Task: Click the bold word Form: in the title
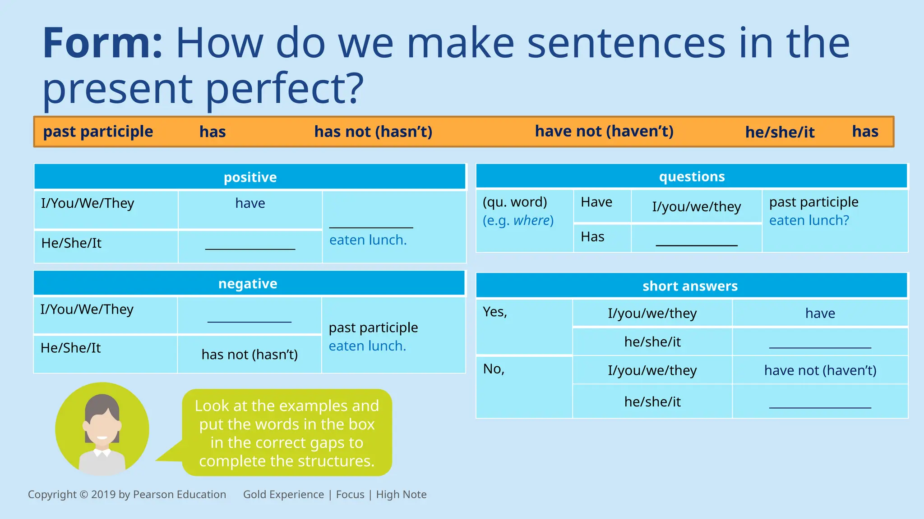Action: point(102,43)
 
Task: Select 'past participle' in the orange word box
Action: point(98,132)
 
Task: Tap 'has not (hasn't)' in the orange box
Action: point(373,132)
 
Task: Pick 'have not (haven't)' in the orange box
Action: point(604,131)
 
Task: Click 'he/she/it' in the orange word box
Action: point(780,132)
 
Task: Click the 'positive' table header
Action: point(250,177)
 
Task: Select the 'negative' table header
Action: point(248,283)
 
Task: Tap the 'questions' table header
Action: point(692,176)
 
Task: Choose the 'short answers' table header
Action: point(690,286)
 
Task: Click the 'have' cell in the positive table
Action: point(250,203)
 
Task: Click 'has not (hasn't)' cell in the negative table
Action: point(249,355)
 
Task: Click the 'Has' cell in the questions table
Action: point(592,237)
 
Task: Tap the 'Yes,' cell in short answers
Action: point(495,312)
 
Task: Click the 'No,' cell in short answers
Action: point(494,369)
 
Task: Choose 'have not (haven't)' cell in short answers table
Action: point(820,370)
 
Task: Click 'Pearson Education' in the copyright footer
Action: point(180,494)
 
